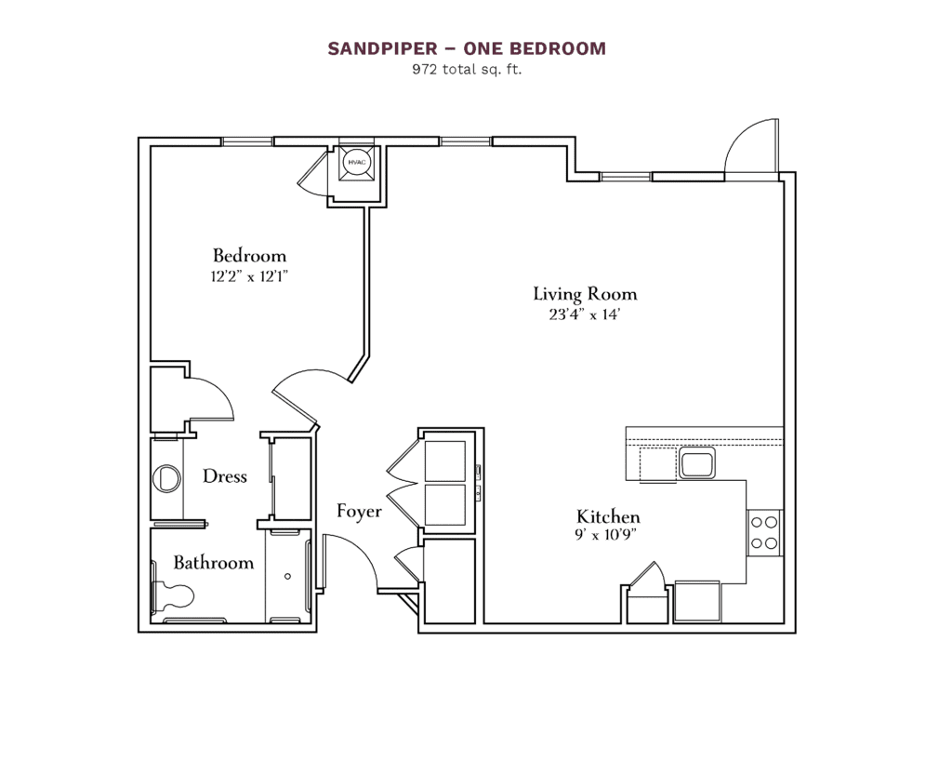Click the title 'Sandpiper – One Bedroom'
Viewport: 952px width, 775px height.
pos(466,48)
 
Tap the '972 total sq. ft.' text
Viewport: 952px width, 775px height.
pos(466,69)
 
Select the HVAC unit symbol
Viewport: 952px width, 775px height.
pos(355,162)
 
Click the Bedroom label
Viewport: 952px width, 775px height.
pos(249,255)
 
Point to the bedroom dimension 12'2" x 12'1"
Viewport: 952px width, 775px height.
pos(249,275)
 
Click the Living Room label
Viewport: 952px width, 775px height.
pos(585,294)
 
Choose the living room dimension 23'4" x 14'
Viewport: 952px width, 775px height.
pos(585,315)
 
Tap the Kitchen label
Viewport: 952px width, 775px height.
pos(608,516)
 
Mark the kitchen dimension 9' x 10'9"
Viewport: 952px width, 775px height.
pos(608,534)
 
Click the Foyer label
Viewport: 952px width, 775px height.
pos(359,511)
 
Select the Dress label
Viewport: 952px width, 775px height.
pos(225,476)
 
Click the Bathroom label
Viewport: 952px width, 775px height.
pos(213,563)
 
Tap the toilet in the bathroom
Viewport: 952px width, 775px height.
pos(174,595)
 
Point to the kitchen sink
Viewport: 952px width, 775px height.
pos(695,462)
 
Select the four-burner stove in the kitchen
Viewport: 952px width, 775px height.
pos(764,533)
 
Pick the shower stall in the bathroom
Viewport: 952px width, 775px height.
pos(287,576)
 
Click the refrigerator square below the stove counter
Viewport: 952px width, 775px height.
pos(696,601)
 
